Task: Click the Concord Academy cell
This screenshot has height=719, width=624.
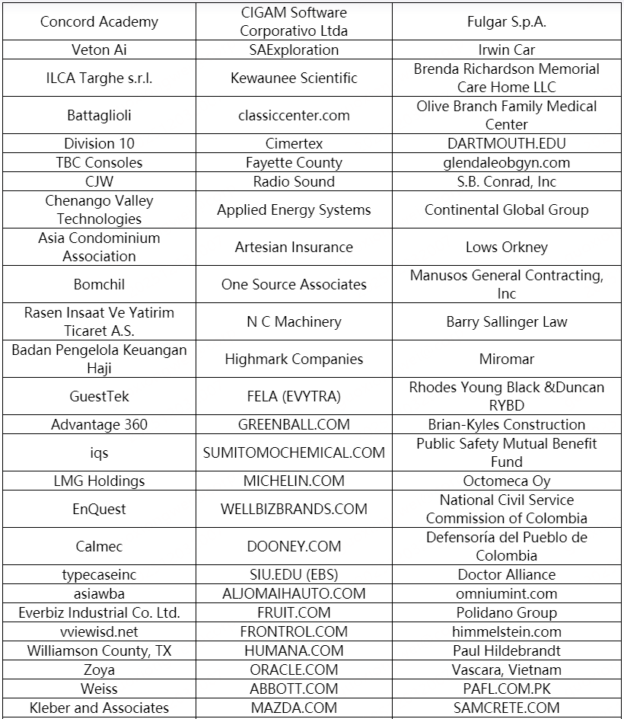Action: tap(99, 21)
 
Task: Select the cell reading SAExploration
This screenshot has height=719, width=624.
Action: tap(294, 50)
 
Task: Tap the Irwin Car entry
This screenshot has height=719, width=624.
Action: tap(506, 50)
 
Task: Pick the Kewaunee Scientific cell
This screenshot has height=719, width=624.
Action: tap(294, 78)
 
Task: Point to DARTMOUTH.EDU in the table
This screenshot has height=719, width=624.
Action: tap(506, 143)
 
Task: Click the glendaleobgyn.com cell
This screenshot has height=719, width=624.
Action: tap(506, 162)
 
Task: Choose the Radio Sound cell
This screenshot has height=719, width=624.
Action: tap(294, 181)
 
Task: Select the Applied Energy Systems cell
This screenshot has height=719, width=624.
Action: tap(294, 209)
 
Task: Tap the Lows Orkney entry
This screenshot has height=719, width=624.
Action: tap(506, 247)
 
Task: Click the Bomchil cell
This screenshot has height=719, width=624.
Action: tap(99, 284)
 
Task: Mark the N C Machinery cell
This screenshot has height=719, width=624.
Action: tap(294, 321)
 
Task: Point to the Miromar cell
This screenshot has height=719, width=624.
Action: tap(506, 359)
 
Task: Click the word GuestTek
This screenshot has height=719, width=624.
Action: tap(99, 396)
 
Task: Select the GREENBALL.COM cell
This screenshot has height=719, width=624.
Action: tap(294, 424)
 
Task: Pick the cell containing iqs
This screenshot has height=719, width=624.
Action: tap(99, 452)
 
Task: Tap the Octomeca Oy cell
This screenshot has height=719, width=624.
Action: tap(506, 481)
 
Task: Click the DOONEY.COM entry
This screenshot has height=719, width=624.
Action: tap(294, 546)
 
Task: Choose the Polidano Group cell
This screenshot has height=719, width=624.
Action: tap(506, 612)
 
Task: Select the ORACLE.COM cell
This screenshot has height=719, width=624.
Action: tap(294, 669)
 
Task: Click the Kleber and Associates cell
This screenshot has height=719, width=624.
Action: tap(99, 708)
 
